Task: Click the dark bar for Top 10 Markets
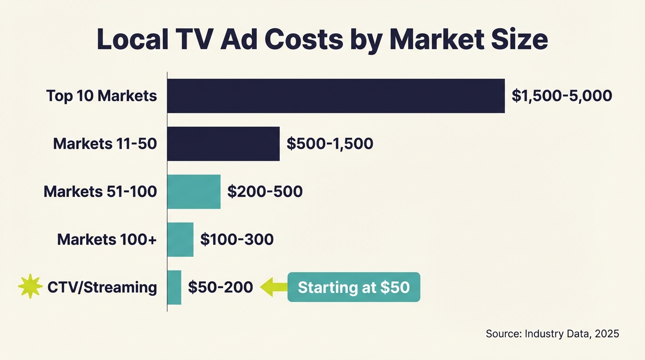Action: coord(336,96)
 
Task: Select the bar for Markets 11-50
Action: coord(223,144)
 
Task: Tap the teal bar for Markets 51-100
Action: coord(194,192)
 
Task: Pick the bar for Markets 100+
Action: coord(180,240)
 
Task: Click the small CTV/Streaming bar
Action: coord(174,287)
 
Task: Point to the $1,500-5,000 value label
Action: coord(562,96)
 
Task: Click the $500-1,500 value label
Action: coord(330,144)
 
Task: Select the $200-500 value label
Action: coord(265,192)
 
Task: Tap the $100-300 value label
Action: coord(237,240)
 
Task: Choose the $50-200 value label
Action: coord(220,287)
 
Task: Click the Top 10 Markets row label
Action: coord(101,96)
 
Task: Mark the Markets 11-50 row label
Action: coord(105,144)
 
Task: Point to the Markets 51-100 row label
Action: coord(100,192)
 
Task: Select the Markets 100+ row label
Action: coord(107,240)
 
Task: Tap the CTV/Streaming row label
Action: coord(102,287)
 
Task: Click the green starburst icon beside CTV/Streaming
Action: coord(30,287)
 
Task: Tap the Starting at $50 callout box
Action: coord(353,287)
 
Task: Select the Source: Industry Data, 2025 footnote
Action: coord(552,334)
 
